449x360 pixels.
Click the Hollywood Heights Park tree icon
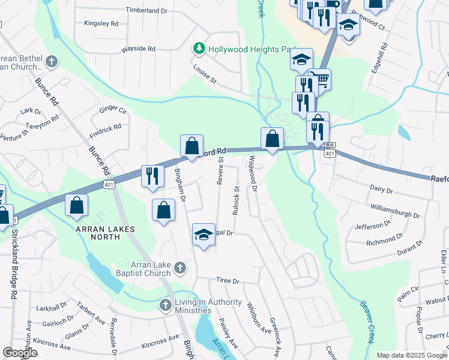click(x=199, y=47)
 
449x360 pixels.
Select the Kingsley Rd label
click(x=101, y=23)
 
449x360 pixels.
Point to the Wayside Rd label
click(x=138, y=49)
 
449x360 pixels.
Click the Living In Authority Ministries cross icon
click(x=166, y=305)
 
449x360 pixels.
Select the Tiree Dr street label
click(x=228, y=281)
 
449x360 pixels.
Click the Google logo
click(x=20, y=353)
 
